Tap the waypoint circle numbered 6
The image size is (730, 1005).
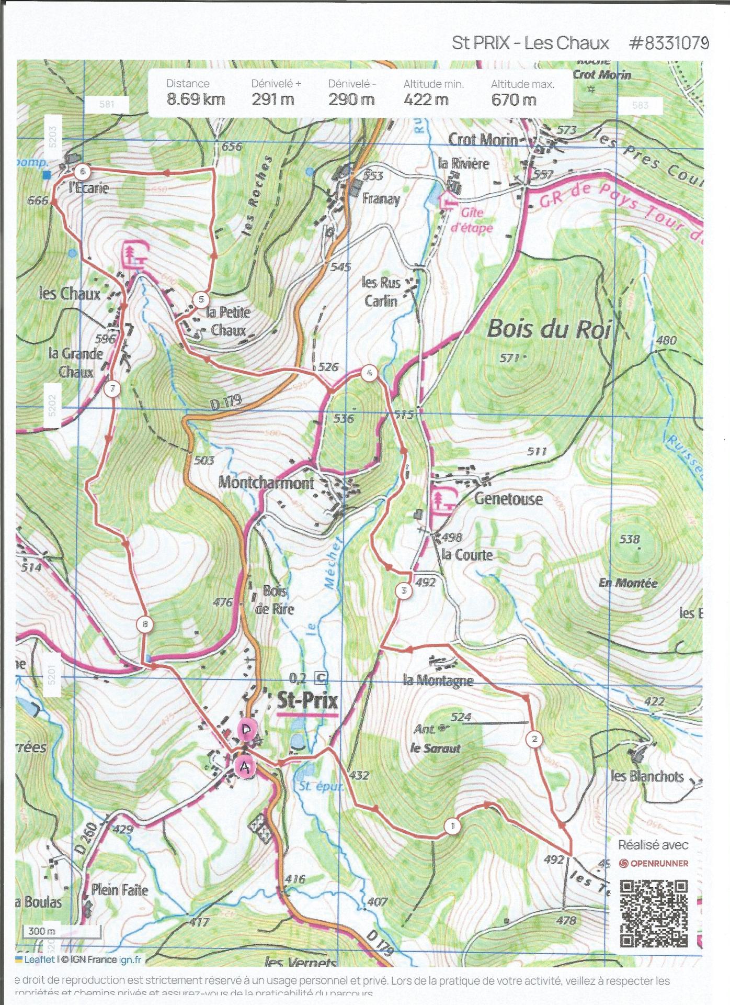tap(83, 171)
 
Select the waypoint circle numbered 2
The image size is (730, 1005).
tap(534, 739)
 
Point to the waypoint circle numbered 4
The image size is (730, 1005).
tap(369, 373)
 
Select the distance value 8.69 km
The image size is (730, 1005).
tap(196, 99)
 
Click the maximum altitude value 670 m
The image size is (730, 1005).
tap(514, 99)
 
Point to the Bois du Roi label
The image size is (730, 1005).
tap(548, 329)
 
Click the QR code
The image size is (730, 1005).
tap(654, 913)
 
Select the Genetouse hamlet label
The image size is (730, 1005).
tap(508, 498)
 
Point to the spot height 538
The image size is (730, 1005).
tap(629, 539)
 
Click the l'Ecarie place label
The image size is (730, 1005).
tap(89, 187)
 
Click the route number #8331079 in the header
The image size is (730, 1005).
tap(669, 43)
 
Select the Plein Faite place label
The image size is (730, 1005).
tap(120, 890)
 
